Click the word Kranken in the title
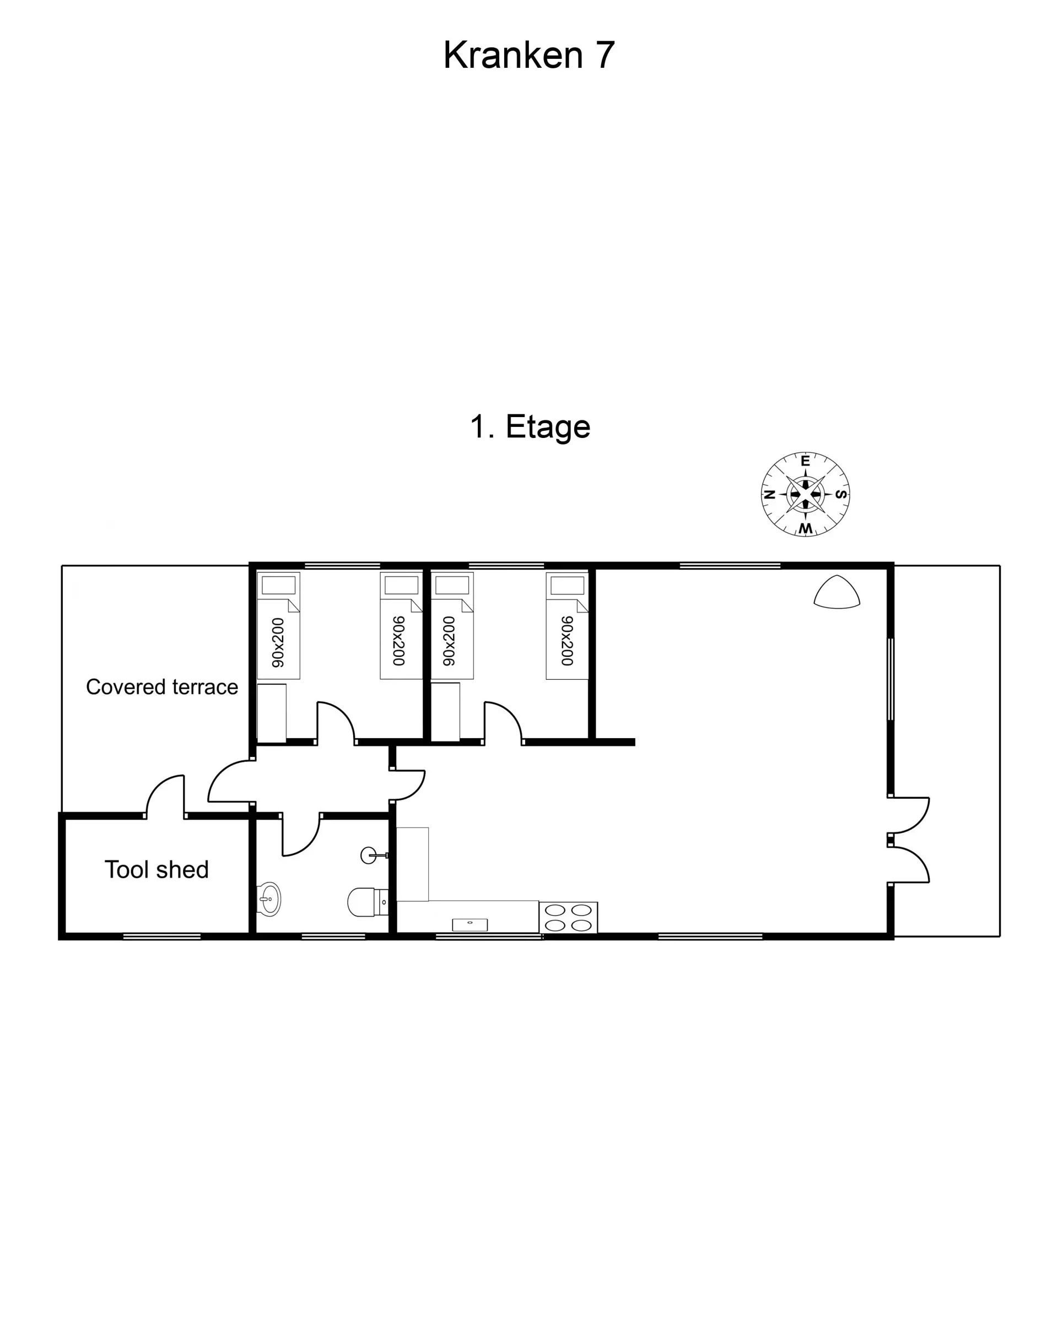(512, 55)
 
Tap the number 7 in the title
(605, 55)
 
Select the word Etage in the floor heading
(548, 427)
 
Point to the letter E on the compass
(805, 461)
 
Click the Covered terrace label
(162, 686)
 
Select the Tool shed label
(157, 869)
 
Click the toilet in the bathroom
(368, 902)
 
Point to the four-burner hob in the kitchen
(568, 917)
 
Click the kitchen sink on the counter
(470, 924)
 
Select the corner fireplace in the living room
(837, 593)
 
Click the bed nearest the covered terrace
(278, 625)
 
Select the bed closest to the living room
(567, 625)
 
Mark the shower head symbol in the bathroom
(373, 855)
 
